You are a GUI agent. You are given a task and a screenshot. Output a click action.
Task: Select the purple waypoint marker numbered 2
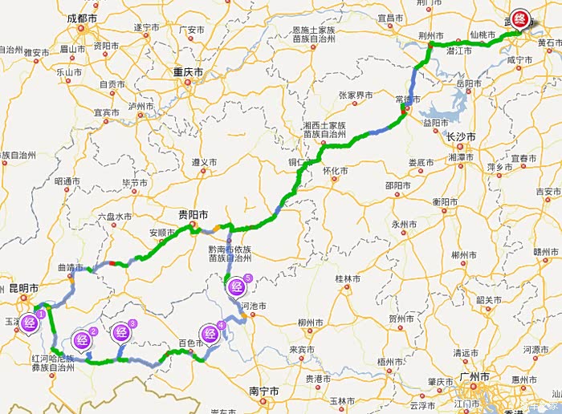point(83,340)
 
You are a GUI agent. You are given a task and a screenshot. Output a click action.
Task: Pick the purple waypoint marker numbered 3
point(123,331)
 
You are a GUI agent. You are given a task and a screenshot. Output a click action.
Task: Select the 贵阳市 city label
point(193,215)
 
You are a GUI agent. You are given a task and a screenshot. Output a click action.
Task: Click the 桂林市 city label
point(348,278)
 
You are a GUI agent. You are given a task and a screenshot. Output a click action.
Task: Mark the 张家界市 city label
point(354,95)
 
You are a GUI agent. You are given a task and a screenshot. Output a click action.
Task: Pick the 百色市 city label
point(192,343)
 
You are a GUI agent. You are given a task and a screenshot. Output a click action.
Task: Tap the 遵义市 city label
point(204,162)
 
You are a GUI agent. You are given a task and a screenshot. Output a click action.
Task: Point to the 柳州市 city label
point(309,323)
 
